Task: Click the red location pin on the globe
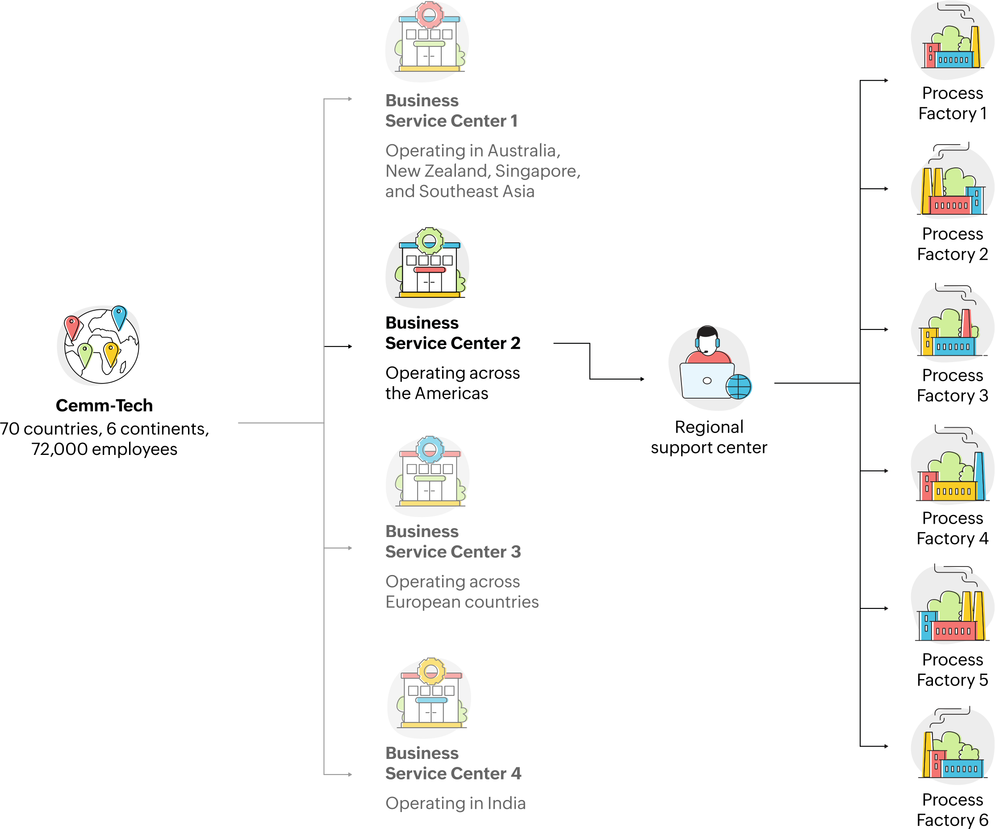point(72,327)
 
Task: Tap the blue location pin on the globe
point(119,316)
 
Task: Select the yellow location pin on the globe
point(111,353)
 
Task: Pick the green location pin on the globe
point(85,354)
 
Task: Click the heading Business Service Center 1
point(451,111)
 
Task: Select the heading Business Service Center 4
point(452,763)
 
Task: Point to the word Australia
point(523,150)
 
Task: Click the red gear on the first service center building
point(429,14)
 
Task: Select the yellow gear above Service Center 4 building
point(431,671)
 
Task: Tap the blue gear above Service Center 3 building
point(430,449)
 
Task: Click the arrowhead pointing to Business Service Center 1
point(350,99)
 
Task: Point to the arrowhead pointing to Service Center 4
point(350,775)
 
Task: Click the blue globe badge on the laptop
point(739,387)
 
